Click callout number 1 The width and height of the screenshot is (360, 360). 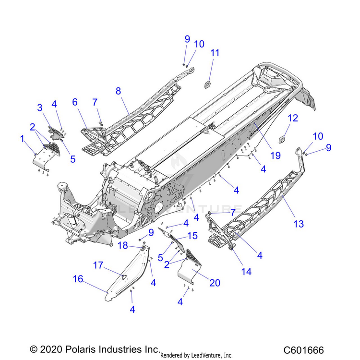pyautogui.click(x=22, y=139)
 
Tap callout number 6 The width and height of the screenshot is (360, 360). pyautogui.click(x=75, y=102)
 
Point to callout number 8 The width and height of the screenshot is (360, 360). pyautogui.click(x=119, y=90)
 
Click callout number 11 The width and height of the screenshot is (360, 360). pyautogui.click(x=215, y=52)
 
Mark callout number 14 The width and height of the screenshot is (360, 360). pyautogui.click(x=246, y=271)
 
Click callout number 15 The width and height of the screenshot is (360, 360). pyautogui.click(x=192, y=236)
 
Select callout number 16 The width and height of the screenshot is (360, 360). pyautogui.click(x=78, y=280)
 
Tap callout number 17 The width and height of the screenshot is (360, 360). pyautogui.click(x=98, y=264)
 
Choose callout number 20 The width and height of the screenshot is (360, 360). pyautogui.click(x=215, y=283)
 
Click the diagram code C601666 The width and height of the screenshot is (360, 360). pyautogui.click(x=303, y=350)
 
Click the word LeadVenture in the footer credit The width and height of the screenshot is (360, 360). pyautogui.click(x=202, y=355)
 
